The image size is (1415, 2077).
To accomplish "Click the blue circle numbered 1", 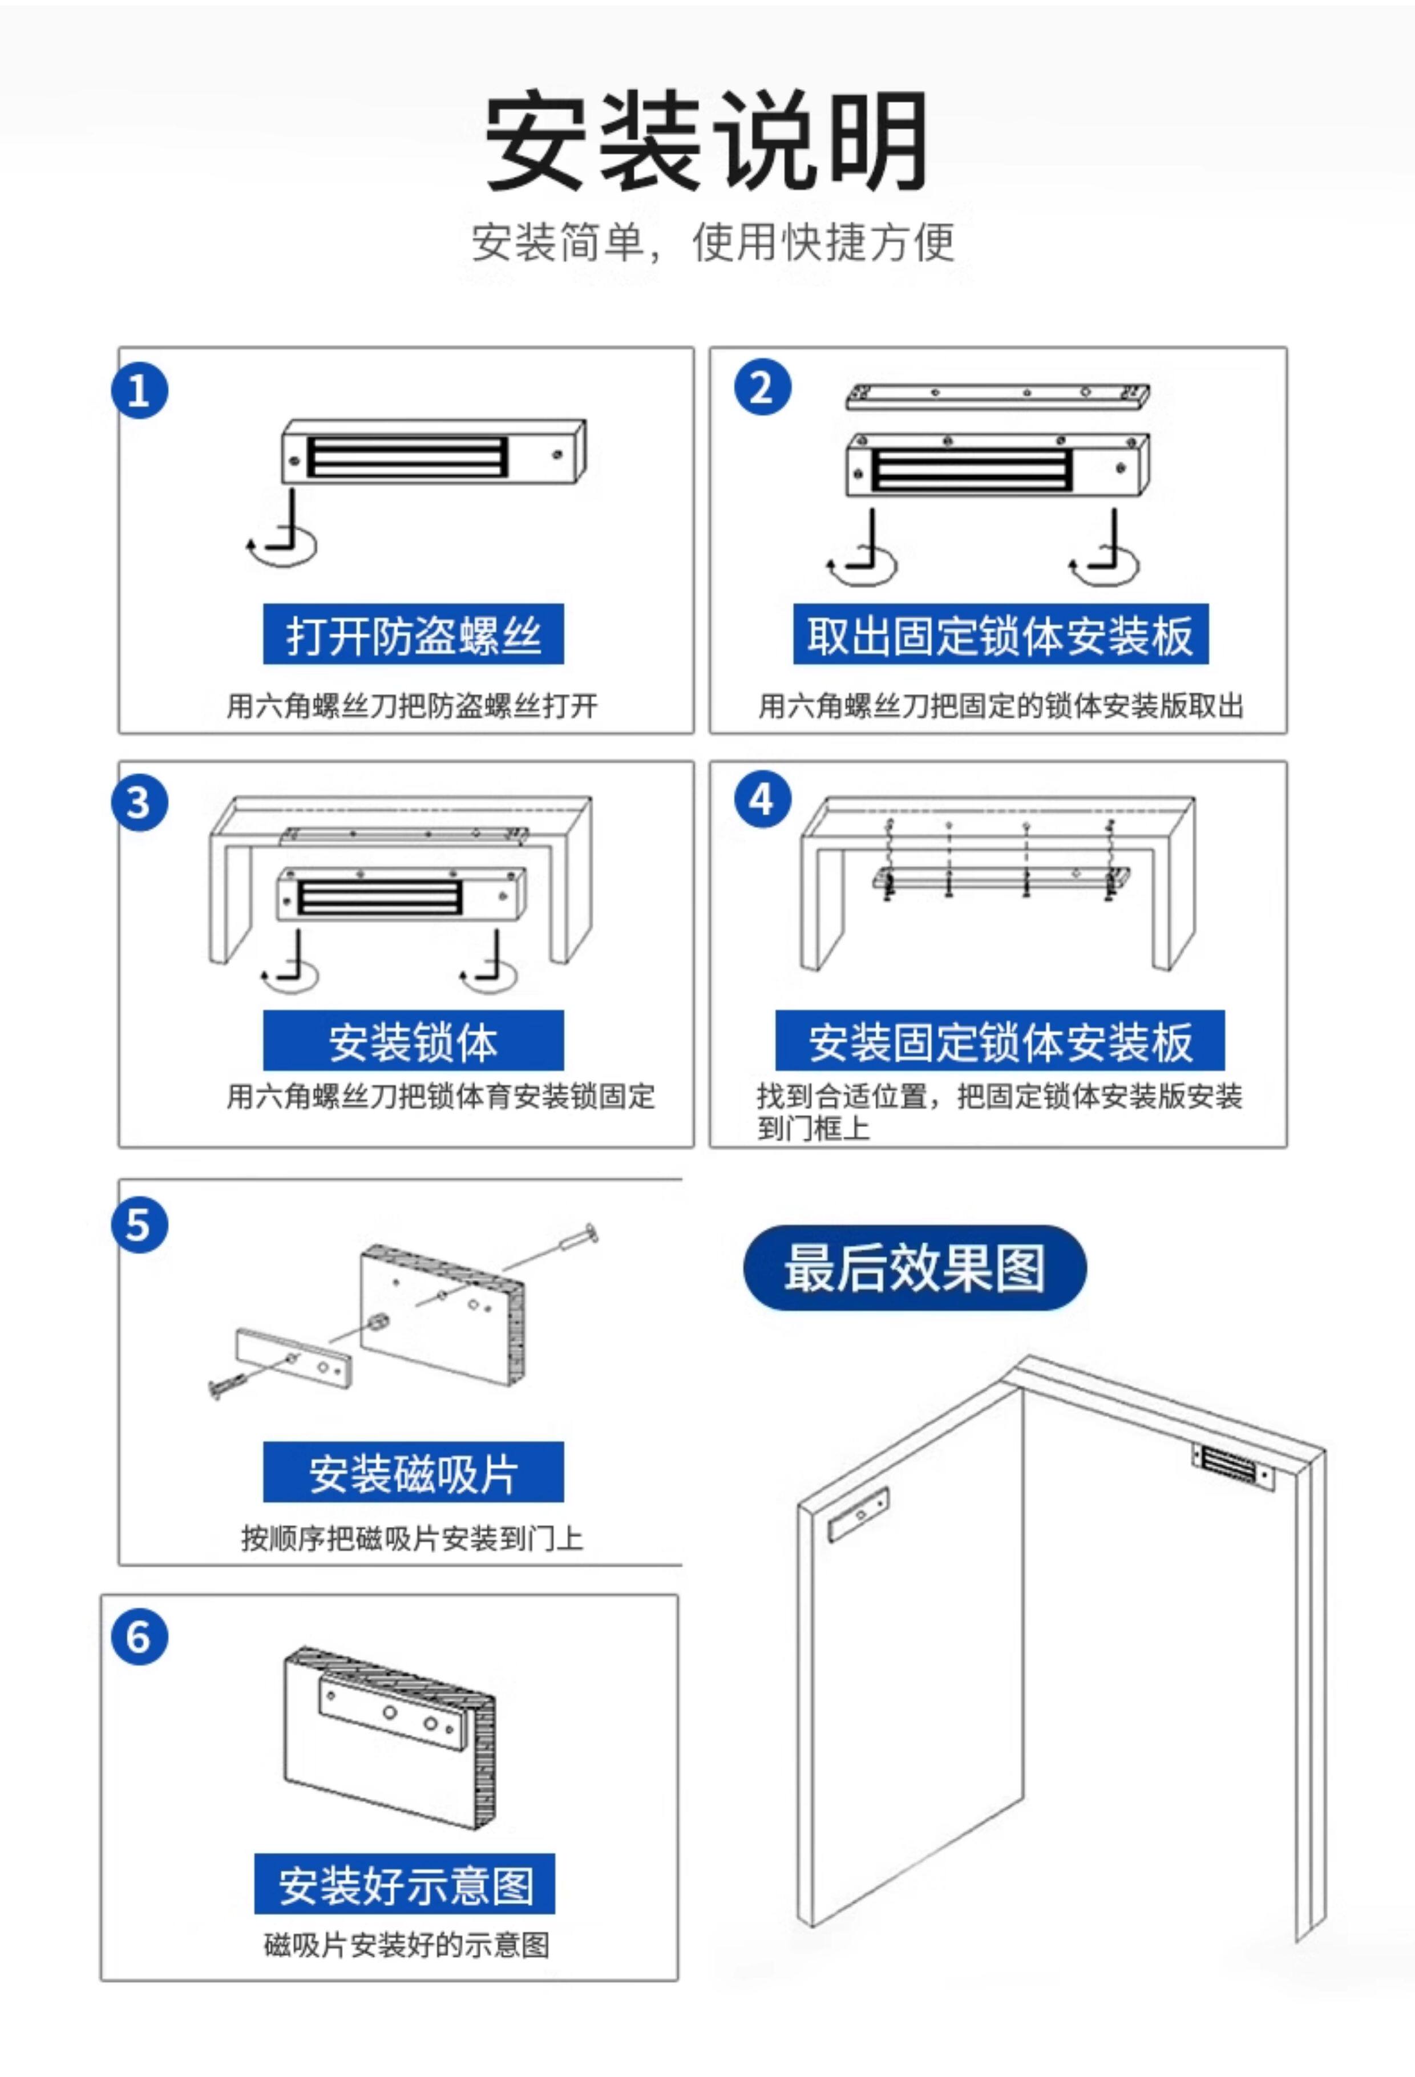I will point(139,390).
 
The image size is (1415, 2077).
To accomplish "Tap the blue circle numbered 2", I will point(762,388).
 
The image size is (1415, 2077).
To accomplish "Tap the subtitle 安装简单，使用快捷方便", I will point(713,241).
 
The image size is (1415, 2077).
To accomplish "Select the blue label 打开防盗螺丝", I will point(413,635).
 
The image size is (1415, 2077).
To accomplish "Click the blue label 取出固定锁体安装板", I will point(1000,635).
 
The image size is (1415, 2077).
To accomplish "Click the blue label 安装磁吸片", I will point(413,1472).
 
